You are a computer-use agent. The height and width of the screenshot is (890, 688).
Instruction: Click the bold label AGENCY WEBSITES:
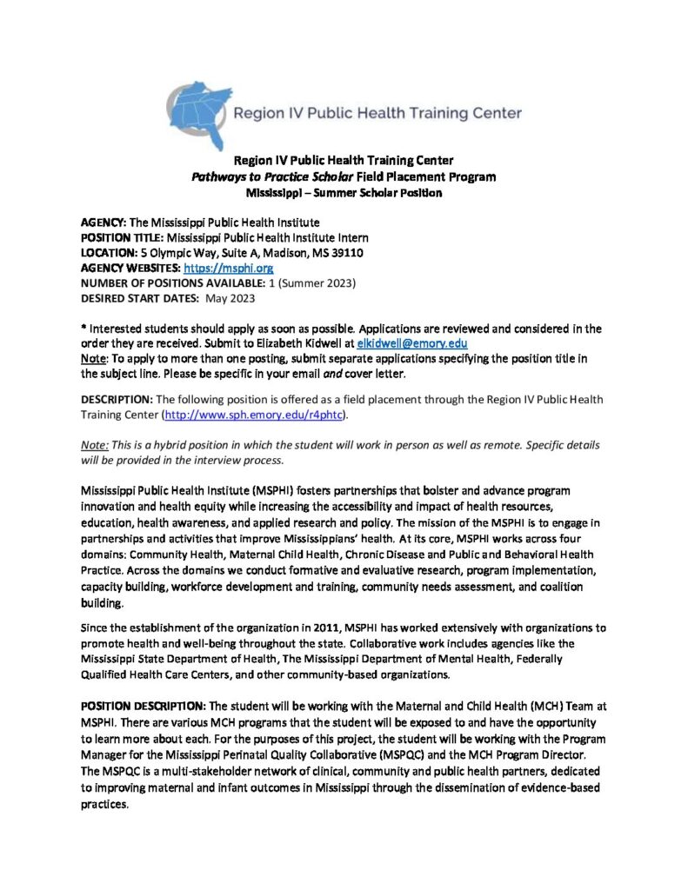130,269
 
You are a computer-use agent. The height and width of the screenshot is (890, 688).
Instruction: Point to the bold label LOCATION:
110,253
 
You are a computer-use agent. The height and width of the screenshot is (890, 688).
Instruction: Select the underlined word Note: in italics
95,444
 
